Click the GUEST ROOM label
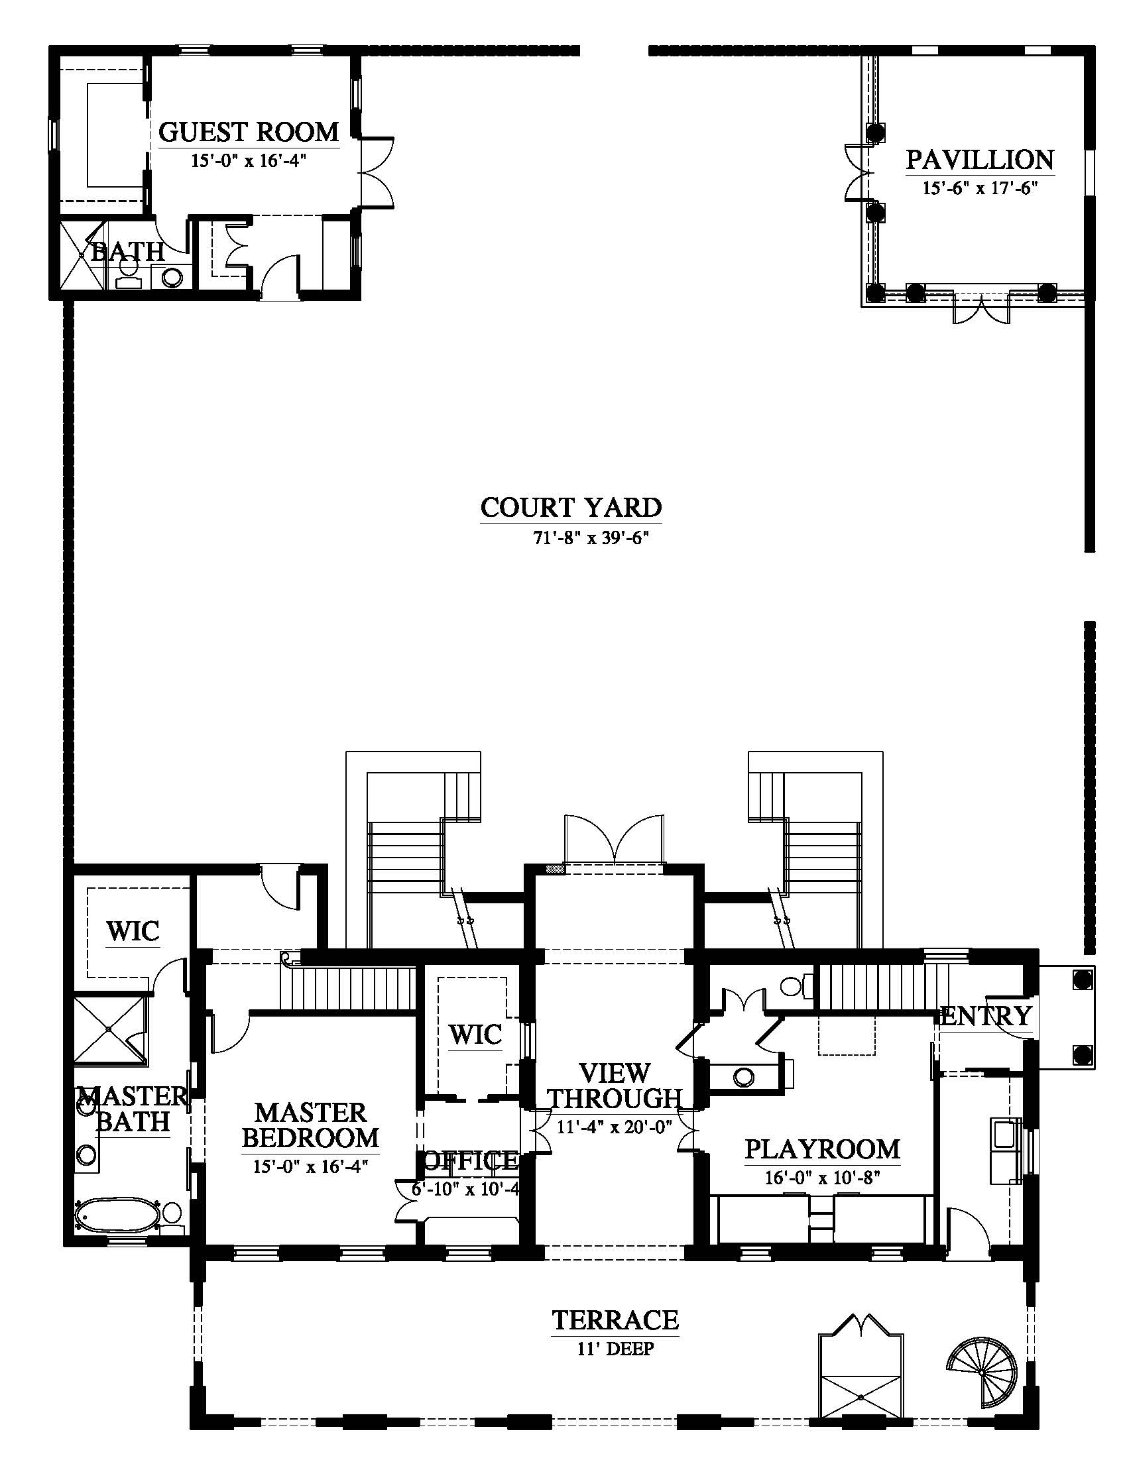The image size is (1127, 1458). click(249, 131)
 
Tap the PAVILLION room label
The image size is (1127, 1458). click(979, 160)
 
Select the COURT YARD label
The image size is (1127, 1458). click(571, 508)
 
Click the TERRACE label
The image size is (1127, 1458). click(615, 1319)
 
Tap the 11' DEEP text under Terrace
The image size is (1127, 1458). click(615, 1349)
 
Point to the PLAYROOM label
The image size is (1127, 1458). click(822, 1149)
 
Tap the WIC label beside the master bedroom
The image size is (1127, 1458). click(475, 1035)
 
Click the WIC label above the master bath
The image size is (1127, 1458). click(133, 931)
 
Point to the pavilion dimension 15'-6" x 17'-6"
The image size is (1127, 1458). click(979, 188)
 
